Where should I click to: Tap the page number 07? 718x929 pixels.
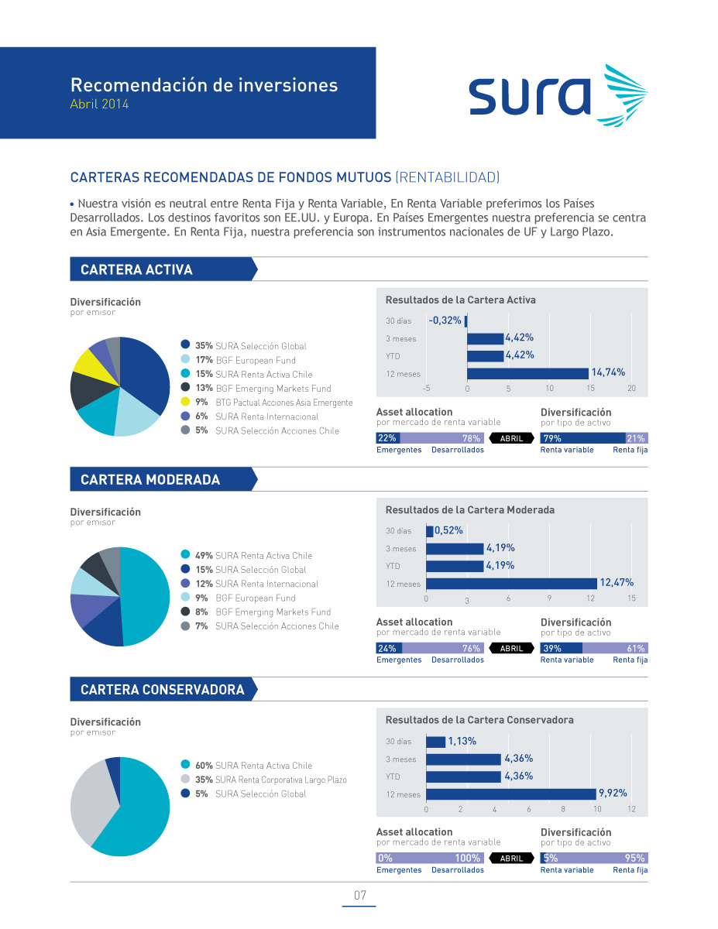click(359, 896)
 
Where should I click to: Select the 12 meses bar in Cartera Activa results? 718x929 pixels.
click(527, 374)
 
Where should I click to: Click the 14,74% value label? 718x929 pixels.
click(608, 372)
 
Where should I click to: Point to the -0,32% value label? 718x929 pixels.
click(445, 320)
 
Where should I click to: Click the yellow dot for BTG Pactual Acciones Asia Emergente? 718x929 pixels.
click(185, 402)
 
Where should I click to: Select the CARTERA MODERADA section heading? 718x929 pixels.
click(150, 480)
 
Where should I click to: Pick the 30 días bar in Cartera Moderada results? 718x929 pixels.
click(430, 531)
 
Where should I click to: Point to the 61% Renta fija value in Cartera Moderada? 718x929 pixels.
click(636, 649)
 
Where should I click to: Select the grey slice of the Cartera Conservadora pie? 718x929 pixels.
click(86, 800)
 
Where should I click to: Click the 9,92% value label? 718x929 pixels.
click(612, 793)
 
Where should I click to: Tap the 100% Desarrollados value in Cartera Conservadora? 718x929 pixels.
click(468, 859)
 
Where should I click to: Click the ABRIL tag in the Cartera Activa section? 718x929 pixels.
click(512, 438)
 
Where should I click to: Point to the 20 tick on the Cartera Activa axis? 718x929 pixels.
click(631, 388)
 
